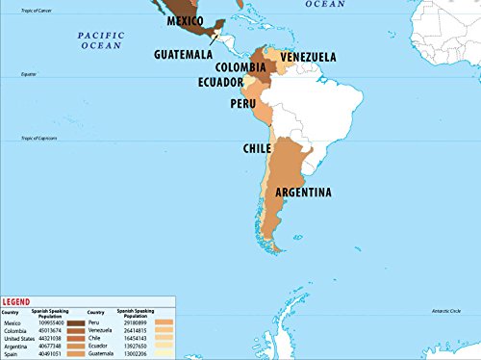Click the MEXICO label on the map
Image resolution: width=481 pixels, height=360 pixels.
[x=190, y=20]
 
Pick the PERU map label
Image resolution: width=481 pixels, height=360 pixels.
[x=242, y=103]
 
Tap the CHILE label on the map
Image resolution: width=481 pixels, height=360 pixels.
[x=256, y=149]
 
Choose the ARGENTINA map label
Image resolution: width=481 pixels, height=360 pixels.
[x=303, y=193]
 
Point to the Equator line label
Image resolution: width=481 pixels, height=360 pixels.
[x=28, y=74]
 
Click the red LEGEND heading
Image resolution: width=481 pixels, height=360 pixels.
[x=18, y=302]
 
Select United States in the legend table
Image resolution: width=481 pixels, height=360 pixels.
[x=20, y=339]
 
